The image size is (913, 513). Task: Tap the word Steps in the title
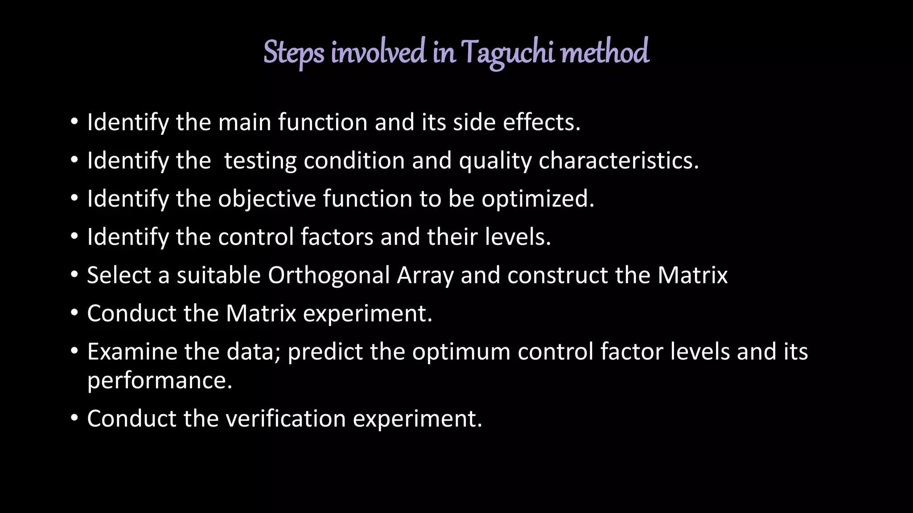pyautogui.click(x=294, y=53)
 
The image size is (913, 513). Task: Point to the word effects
pyautogui.click(x=541, y=122)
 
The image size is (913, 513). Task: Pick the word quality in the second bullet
pyautogui.click(x=495, y=160)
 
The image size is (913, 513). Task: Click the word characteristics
pyautogui.click(x=618, y=160)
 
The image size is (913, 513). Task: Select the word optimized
pyautogui.click(x=538, y=199)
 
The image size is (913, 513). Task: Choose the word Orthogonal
pyautogui.click(x=329, y=275)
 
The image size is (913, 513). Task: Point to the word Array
pyautogui.click(x=425, y=275)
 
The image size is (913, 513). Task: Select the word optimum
pyautogui.click(x=461, y=351)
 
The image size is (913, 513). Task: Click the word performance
pyautogui.click(x=159, y=380)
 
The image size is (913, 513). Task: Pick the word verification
pyautogui.click(x=286, y=419)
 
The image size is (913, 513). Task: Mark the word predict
pyautogui.click(x=325, y=351)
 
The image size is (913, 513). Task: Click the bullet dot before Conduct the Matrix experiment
pyautogui.click(x=74, y=313)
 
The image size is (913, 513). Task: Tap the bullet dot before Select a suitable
pyautogui.click(x=74, y=275)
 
